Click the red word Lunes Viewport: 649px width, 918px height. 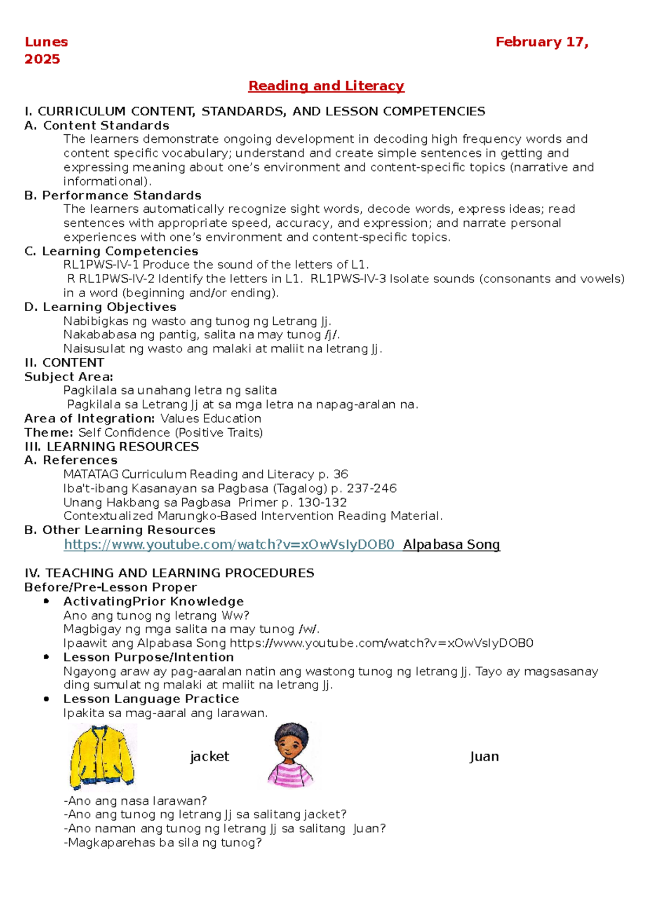(46, 42)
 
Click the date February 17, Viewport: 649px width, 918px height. (542, 42)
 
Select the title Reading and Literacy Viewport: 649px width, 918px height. (326, 86)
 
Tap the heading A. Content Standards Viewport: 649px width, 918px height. (97, 126)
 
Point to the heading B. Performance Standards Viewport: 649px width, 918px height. (113, 195)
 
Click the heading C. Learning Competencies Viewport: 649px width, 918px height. (111, 251)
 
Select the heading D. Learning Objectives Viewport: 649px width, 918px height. (101, 307)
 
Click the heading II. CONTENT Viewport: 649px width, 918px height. (64, 363)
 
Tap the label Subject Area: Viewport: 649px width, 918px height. (69, 377)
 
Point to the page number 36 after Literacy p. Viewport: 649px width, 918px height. (341, 474)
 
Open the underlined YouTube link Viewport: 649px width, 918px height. (229, 545)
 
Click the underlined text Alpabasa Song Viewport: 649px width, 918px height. (452, 545)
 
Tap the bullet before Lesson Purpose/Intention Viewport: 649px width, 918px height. (47, 657)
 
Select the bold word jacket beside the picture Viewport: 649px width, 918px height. (210, 757)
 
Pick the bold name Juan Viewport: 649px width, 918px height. (484, 757)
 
